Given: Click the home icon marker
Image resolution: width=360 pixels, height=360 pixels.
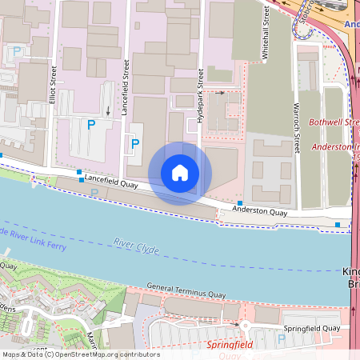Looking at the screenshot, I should click(180, 173).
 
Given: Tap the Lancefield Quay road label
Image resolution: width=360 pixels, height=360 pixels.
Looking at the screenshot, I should click(109, 182).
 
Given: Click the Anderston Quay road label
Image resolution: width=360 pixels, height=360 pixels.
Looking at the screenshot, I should click(259, 212).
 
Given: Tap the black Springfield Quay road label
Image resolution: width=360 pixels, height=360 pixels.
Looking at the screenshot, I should click(311, 328).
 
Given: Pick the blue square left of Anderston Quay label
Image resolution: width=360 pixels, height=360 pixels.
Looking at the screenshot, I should click(240, 203).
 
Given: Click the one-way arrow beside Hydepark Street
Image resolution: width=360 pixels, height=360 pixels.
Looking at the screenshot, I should click(220, 93).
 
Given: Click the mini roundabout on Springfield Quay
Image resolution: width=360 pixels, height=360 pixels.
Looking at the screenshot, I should click(245, 326).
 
